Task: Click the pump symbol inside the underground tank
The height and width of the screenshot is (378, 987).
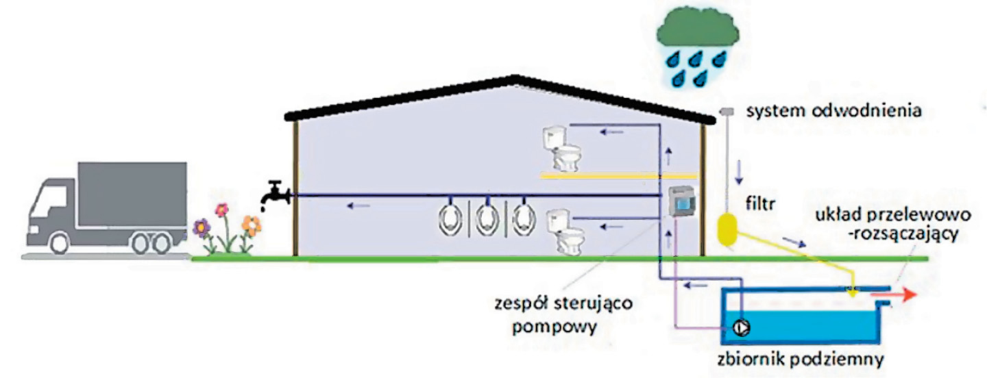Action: point(741,327)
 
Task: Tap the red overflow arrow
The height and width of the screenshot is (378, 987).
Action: point(894,295)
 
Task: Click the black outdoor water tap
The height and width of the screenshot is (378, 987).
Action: point(275,194)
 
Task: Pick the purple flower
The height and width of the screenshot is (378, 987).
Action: point(202,225)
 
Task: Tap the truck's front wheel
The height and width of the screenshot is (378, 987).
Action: point(59,242)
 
